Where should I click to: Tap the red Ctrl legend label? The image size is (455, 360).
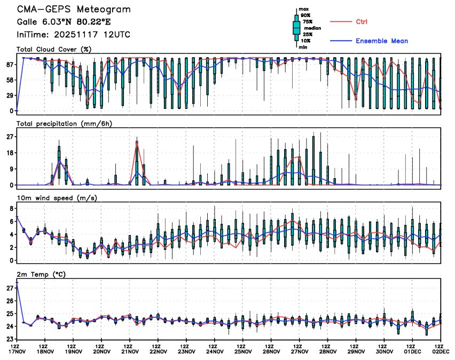(362, 22)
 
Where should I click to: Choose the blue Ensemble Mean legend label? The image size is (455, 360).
(381, 41)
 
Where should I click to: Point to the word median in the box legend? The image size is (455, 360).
(313, 28)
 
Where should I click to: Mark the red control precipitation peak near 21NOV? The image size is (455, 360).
(137, 142)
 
